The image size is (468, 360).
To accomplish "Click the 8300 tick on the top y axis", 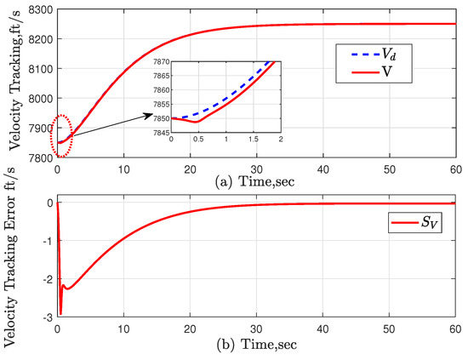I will click(39, 8).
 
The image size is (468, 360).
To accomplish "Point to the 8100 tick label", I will click(39, 83).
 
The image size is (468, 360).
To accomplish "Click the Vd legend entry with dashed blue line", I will click(371, 57).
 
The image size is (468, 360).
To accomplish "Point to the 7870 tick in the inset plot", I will click(160, 60).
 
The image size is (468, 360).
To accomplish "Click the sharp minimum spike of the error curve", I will click(60, 313).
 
